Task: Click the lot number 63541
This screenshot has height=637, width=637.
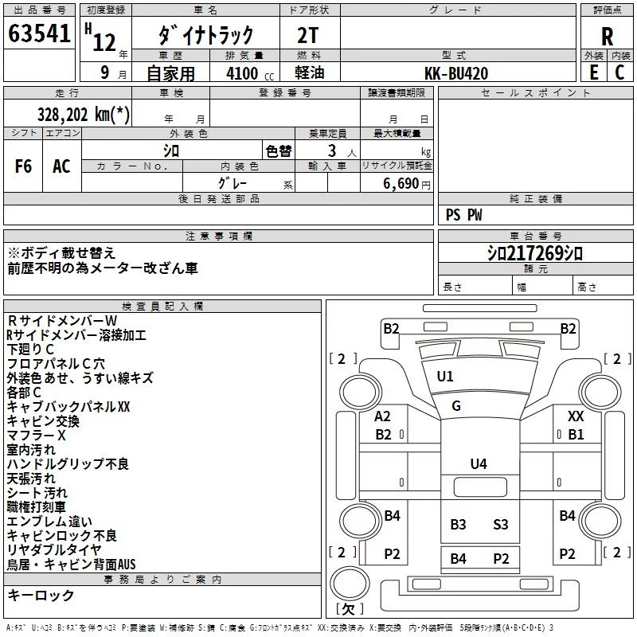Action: (39, 33)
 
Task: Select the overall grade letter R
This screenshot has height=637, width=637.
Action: (607, 37)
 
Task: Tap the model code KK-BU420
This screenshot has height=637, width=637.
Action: (456, 73)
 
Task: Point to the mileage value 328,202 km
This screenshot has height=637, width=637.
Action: (84, 114)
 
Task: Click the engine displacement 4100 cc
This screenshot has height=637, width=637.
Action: (250, 73)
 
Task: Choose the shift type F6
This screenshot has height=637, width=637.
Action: (23, 166)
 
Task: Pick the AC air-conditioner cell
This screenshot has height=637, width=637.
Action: (61, 166)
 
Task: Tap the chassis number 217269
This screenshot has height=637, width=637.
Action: (534, 253)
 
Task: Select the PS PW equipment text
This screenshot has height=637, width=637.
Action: (463, 215)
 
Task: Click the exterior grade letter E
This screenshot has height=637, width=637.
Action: (594, 72)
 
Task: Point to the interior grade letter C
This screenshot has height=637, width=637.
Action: (619, 72)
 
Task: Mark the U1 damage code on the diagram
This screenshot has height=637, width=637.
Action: (445, 377)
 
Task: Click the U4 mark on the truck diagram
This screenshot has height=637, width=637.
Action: (479, 464)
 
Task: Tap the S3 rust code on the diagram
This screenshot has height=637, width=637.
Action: (501, 525)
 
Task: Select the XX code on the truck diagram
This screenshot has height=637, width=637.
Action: (576, 416)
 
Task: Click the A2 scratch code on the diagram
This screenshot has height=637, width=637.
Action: (382, 416)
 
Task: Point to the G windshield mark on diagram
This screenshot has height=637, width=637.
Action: (456, 406)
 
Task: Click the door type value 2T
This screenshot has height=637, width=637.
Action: (307, 35)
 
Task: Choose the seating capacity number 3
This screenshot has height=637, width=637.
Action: (332, 150)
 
